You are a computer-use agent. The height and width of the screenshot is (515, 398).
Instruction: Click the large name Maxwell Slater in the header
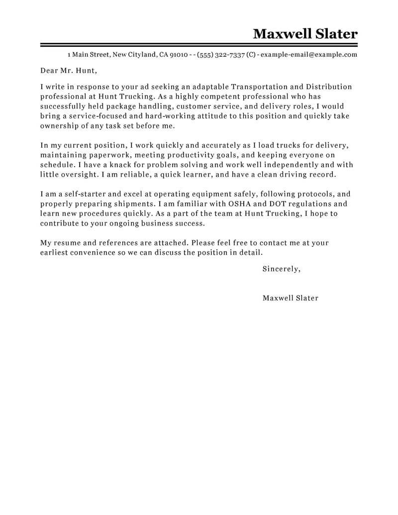pyautogui.click(x=305, y=34)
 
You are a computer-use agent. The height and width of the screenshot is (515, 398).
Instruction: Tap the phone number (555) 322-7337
pyautogui.click(x=220, y=55)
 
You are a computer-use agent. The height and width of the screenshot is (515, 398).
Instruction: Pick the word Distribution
pyautogui.click(x=329, y=87)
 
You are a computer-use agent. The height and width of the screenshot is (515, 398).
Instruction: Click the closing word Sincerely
pyautogui.click(x=281, y=269)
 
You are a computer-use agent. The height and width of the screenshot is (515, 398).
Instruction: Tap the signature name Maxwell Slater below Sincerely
pyautogui.click(x=290, y=298)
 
